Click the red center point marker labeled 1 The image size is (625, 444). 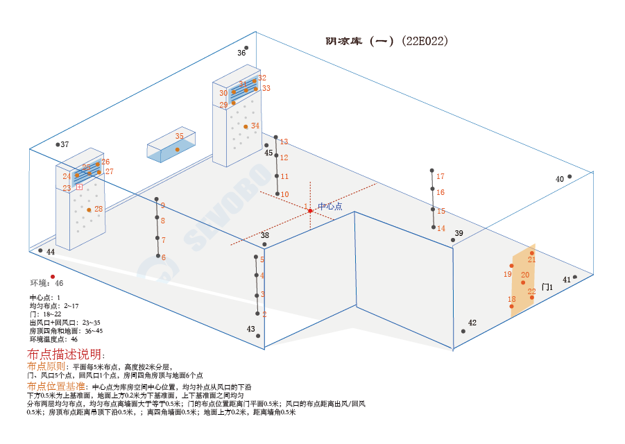tap(310, 210)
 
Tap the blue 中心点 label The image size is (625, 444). tap(329, 207)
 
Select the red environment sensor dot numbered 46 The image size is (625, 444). tap(53, 276)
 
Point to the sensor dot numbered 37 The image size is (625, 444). tap(58, 144)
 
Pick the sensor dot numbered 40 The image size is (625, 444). tap(570, 176)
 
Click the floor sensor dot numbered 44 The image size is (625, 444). tap(40, 250)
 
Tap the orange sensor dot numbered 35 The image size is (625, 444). tap(178, 149)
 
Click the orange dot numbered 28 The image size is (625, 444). tap(89, 210)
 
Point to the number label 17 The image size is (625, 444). tap(440, 176)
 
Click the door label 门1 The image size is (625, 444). tap(547, 287)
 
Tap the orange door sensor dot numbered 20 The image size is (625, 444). tap(523, 282)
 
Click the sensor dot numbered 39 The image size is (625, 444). tap(453, 240)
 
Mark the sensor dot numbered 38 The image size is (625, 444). tap(264, 244)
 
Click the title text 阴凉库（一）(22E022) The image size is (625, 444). tap(387, 41)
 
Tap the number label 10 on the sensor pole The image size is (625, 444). tap(284, 194)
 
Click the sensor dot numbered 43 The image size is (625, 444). tap(258, 336)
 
